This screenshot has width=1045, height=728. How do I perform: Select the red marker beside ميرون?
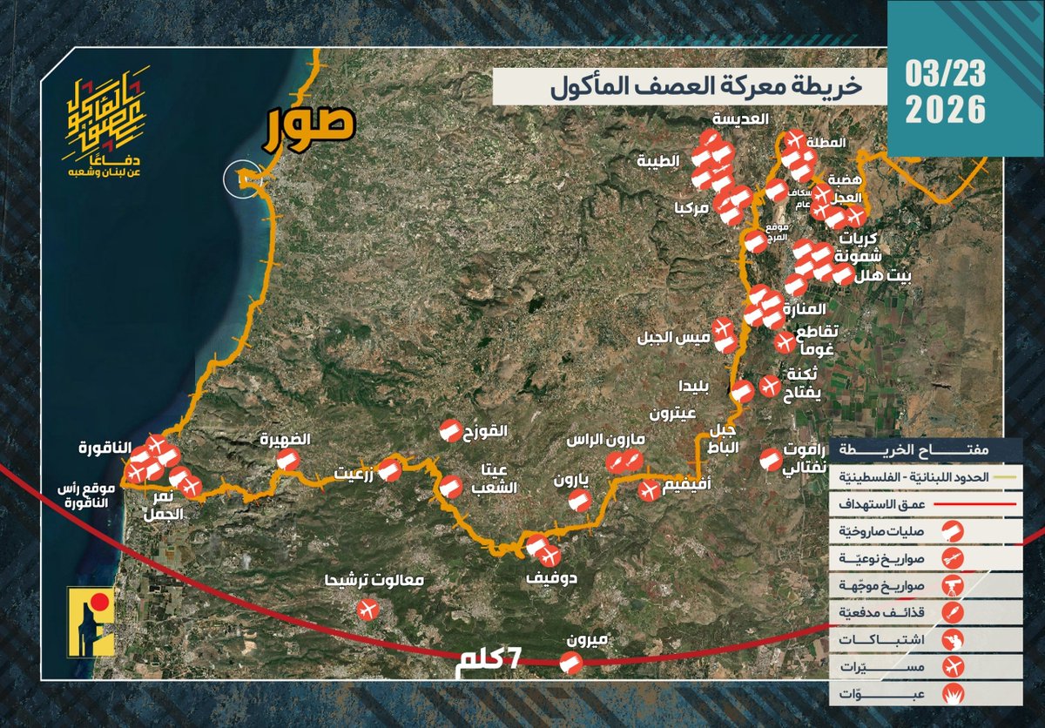click(570, 664)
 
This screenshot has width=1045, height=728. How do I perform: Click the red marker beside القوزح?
click(448, 430)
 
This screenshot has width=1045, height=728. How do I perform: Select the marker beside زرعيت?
click(389, 471)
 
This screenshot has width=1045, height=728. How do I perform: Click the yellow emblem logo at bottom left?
click(91, 622)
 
